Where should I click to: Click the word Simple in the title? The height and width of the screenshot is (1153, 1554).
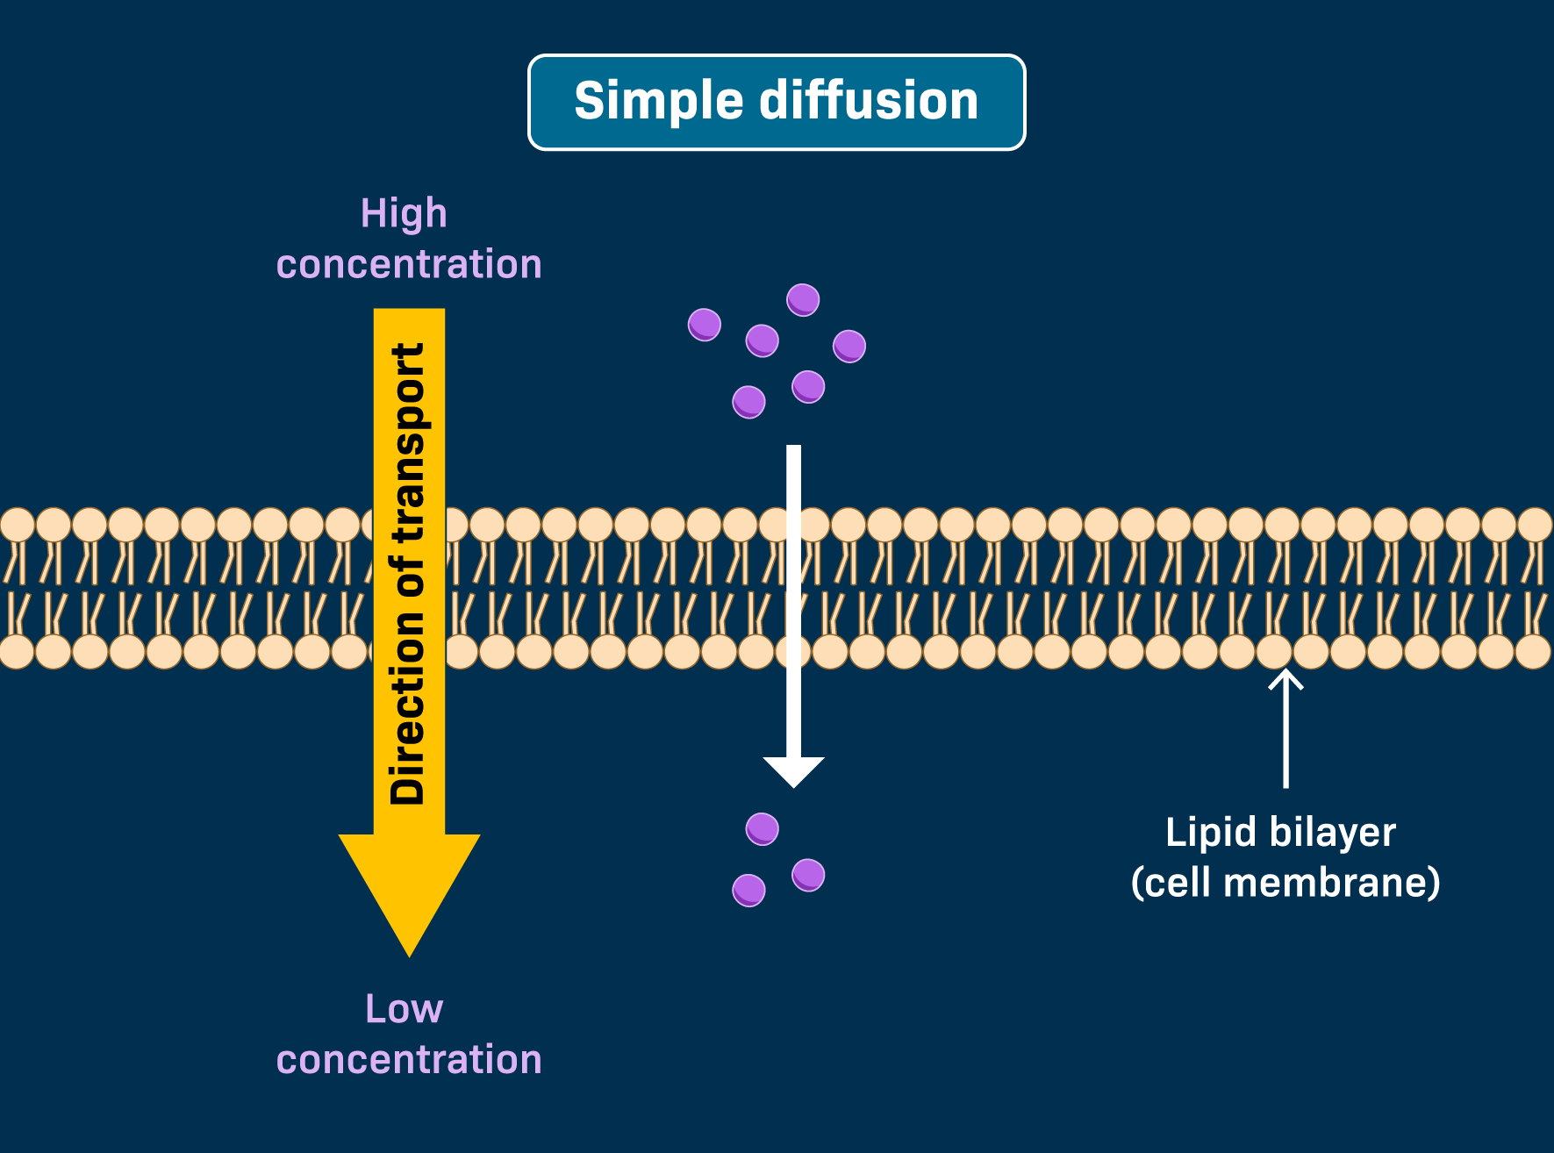658,102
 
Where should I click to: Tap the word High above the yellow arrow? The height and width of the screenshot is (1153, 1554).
404,213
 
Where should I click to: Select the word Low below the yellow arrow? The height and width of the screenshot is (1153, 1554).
404,1008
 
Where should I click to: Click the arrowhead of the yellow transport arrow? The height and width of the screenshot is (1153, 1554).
409,886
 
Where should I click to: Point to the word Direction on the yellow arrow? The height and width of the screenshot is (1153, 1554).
407,711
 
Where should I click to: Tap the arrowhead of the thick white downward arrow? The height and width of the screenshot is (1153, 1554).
793,770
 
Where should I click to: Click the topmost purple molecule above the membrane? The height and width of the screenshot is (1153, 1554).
803,300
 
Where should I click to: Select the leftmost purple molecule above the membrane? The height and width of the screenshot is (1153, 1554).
705,325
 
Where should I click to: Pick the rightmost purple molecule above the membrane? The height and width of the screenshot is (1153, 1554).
849,346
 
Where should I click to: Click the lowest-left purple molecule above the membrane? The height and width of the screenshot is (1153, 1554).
748,402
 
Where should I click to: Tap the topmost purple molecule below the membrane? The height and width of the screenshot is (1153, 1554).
762,828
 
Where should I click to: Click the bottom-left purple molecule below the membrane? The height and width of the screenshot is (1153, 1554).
748,891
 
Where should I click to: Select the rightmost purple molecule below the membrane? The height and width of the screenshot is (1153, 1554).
808,875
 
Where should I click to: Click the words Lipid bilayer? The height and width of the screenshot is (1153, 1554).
1280,832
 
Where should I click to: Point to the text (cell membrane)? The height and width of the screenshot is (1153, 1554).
1285,882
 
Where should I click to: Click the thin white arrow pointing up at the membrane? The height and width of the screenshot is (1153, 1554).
1285,728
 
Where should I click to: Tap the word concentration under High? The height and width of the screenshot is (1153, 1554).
409,264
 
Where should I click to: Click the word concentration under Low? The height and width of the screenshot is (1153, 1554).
409,1059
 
